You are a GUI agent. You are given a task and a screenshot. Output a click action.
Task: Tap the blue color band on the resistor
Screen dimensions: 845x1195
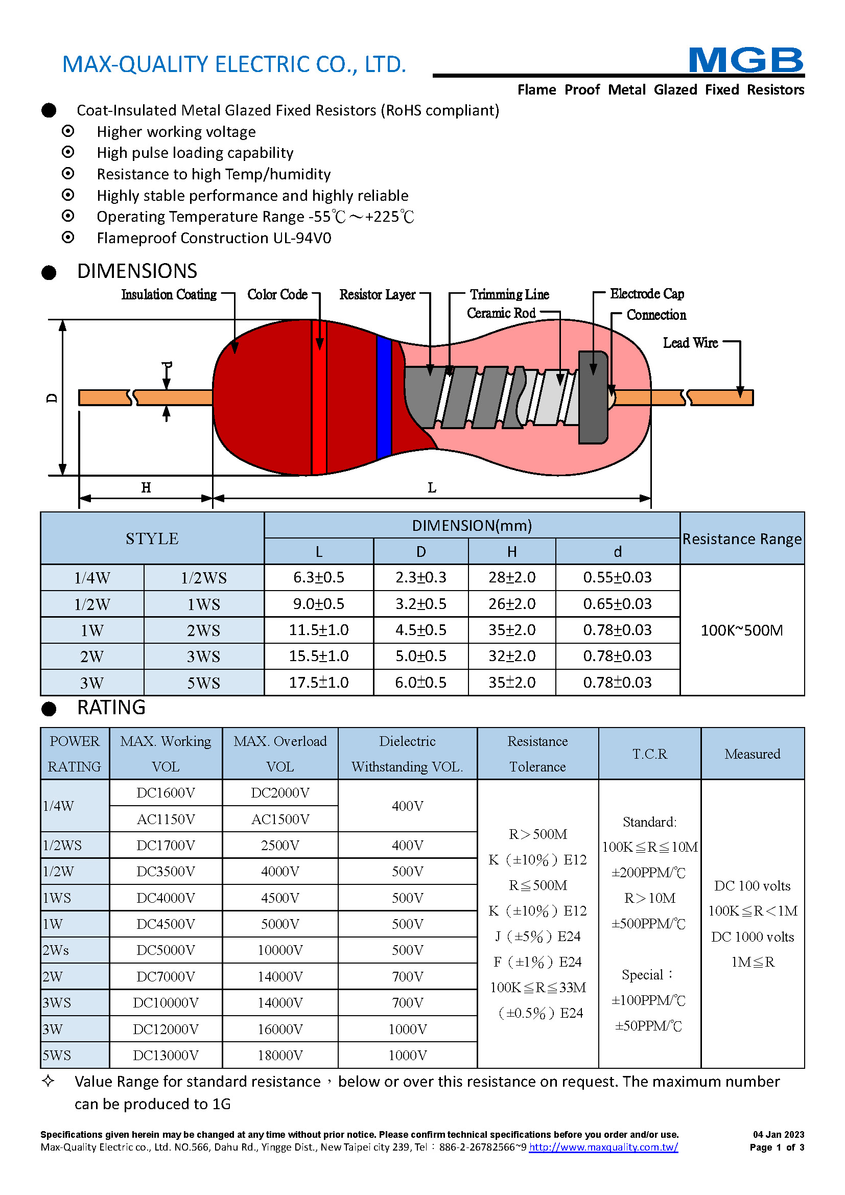(384, 397)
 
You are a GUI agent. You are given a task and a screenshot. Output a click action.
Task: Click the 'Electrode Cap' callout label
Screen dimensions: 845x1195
(647, 294)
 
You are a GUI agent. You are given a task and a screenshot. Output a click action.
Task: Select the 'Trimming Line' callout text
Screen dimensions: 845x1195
(509, 295)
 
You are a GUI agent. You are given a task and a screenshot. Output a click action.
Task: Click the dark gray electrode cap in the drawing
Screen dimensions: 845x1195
(593, 397)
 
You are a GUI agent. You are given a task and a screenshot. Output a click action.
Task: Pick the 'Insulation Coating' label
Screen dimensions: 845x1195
(169, 295)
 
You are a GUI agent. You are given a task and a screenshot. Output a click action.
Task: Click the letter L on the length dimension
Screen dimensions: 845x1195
(432, 488)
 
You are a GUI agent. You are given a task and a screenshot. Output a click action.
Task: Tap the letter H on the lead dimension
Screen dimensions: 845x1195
(146, 488)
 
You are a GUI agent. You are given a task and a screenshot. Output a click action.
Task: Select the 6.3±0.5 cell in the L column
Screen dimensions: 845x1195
(318, 577)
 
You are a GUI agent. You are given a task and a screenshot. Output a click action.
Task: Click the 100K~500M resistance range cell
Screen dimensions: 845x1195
(741, 630)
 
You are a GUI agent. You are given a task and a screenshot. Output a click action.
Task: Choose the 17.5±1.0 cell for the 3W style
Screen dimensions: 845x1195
(318, 683)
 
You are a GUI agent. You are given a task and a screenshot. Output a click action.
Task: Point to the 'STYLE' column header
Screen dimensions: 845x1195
(152, 538)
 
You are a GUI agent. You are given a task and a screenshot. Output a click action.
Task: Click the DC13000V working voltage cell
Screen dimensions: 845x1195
(166, 1055)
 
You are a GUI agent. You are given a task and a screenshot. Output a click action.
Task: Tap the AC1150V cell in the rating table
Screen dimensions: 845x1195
(166, 819)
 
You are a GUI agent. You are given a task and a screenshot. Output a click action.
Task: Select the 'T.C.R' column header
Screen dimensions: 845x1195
(649, 754)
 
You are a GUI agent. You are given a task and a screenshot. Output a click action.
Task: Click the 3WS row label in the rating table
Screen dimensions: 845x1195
(57, 1003)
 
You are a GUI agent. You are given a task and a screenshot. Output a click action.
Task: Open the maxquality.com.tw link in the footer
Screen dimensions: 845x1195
(603, 1147)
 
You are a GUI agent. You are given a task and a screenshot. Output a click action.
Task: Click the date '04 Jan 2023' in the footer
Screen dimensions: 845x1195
(779, 1135)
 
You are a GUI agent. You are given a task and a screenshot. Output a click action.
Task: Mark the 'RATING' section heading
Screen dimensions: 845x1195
(111, 708)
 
